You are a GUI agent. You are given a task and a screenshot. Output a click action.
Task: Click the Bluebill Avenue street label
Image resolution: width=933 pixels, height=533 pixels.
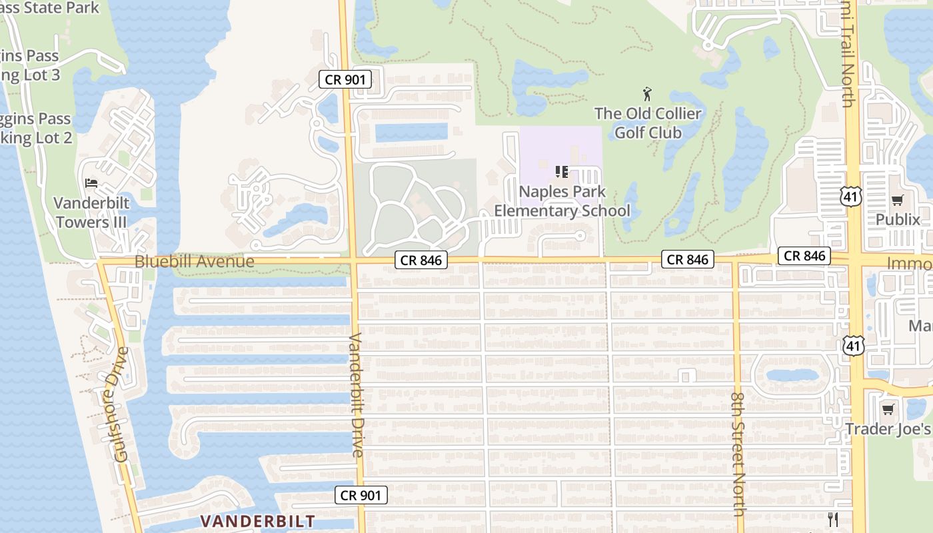[x=195, y=261]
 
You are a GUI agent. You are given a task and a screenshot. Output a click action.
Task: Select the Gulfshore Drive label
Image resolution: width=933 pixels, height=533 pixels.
[x=121, y=404]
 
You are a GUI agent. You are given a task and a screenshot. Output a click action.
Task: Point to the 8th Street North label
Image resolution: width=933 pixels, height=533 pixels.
[x=738, y=453]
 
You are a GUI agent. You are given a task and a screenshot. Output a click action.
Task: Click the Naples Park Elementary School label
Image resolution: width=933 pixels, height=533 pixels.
[x=562, y=201]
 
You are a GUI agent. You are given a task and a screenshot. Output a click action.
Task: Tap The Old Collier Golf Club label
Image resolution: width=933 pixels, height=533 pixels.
[x=648, y=123]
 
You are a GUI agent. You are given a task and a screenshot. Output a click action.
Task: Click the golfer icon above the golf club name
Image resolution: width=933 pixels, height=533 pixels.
[x=646, y=94]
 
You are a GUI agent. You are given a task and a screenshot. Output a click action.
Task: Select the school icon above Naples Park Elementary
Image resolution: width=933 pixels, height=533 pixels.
[x=562, y=173]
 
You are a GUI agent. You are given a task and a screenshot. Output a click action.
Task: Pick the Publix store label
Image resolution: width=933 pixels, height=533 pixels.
[x=898, y=219]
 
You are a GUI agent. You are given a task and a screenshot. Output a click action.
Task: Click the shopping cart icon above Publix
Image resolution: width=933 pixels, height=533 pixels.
[x=898, y=200]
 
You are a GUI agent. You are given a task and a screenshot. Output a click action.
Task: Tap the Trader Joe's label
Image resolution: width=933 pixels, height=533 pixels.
[x=889, y=428]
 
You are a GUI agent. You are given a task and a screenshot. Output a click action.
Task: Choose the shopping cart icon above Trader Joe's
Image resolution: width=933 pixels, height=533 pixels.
[x=888, y=409]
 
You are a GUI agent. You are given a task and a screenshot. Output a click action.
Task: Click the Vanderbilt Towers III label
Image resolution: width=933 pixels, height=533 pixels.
[x=91, y=212]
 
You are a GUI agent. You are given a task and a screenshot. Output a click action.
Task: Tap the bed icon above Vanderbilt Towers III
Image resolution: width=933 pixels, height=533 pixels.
[x=91, y=183]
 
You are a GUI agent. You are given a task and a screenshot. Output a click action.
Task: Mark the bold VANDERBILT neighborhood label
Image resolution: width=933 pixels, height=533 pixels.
[x=258, y=520]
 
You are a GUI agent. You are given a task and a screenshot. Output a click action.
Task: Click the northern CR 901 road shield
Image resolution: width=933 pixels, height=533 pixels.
[x=345, y=80]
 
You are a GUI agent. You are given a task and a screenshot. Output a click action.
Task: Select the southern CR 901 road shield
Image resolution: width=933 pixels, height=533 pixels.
[x=361, y=495]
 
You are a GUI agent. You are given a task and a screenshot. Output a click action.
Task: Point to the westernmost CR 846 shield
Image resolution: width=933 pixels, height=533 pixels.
[x=421, y=261]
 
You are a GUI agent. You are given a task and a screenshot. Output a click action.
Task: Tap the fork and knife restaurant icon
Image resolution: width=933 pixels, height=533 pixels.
[x=833, y=520]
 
